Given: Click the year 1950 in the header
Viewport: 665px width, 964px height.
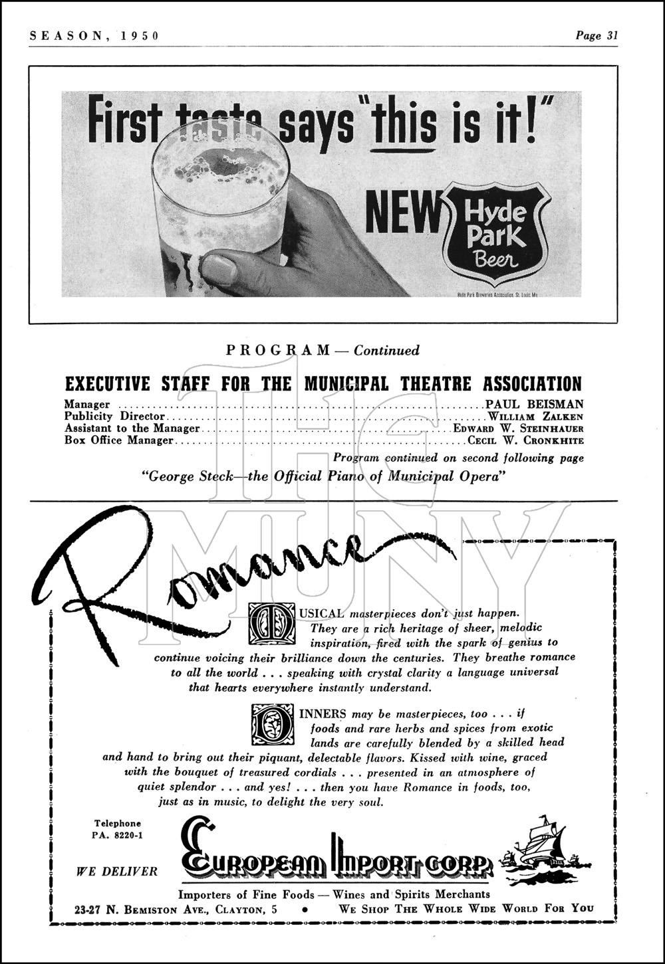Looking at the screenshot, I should (139, 36).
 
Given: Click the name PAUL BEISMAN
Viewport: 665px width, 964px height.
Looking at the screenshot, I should (535, 404).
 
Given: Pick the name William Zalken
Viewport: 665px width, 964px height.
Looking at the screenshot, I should (536, 417).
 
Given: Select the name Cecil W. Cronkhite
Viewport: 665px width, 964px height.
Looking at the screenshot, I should (526, 440).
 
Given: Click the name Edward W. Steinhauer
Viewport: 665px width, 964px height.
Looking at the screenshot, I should (519, 429).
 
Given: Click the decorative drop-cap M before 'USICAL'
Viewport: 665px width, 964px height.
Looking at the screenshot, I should (270, 623).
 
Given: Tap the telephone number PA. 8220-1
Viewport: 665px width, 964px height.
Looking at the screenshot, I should (118, 836).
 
